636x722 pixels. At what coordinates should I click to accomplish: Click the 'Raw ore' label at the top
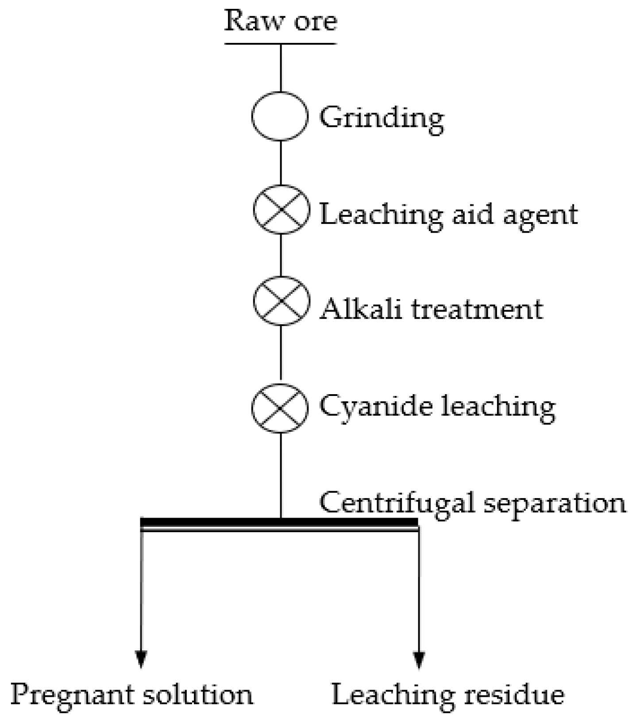[x=281, y=21]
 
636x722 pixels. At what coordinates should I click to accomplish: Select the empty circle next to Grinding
[x=280, y=116]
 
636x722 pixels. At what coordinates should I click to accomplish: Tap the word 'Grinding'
[x=382, y=118]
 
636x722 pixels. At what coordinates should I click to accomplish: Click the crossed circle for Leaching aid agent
[x=281, y=209]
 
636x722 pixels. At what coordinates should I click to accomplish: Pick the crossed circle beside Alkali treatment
[x=281, y=301]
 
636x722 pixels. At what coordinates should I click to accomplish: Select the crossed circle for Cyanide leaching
[x=280, y=408]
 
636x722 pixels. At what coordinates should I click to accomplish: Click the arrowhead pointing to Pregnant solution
[x=141, y=659]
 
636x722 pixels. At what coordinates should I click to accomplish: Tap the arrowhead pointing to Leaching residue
[x=419, y=659]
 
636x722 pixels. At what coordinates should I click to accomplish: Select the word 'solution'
[x=197, y=694]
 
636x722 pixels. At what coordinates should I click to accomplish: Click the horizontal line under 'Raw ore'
[x=281, y=44]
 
